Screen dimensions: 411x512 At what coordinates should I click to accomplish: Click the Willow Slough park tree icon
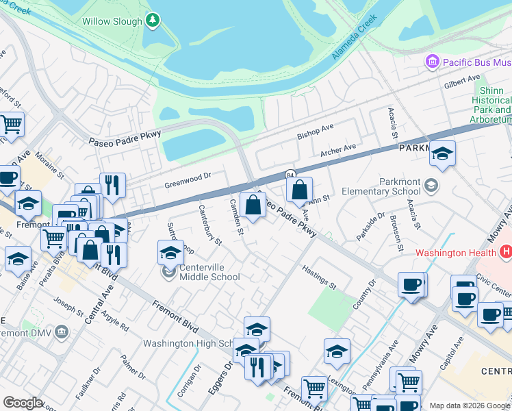153,21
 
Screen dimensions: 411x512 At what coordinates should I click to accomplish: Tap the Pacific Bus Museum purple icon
432,62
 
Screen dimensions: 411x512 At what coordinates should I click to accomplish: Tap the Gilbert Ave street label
462,84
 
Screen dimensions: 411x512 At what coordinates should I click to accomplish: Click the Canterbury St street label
210,225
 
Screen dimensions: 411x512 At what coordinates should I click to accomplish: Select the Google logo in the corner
23,403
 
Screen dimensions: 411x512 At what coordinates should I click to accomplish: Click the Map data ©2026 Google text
470,406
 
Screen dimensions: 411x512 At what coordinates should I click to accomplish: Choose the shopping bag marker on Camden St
253,204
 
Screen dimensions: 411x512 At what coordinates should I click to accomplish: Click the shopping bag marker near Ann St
299,190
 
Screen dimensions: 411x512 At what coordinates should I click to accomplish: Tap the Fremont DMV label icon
62,332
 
